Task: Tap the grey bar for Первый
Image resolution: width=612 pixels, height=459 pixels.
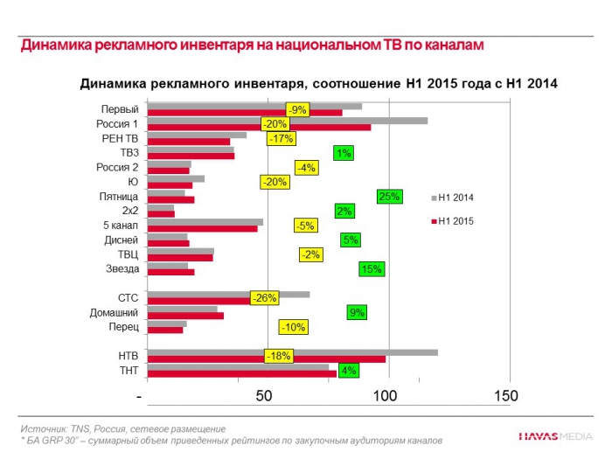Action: coord(254,107)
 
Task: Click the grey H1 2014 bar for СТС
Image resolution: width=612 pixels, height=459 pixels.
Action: coord(228,295)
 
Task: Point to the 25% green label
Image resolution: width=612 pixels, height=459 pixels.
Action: coord(388,197)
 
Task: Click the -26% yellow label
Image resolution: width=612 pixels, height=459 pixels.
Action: coord(264,298)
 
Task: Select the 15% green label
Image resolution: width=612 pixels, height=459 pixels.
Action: coord(371,269)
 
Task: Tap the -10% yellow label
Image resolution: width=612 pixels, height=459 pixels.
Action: coord(293,327)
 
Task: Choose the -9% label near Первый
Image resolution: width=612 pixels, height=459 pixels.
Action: coord(298,110)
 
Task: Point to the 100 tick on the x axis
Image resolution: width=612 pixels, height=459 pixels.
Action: coord(386,396)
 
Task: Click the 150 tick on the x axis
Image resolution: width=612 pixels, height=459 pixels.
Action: coord(506,396)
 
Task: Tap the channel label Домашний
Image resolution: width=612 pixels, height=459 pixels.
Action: coord(114,313)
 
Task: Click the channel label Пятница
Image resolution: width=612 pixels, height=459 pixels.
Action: coord(119,197)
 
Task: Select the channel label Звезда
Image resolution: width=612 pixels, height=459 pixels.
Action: coord(122,268)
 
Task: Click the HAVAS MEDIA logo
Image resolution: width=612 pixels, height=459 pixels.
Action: coord(554,435)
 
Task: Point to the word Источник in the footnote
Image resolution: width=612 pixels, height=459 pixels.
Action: coord(45,429)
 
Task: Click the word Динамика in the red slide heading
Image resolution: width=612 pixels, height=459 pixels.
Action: coord(54,44)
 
